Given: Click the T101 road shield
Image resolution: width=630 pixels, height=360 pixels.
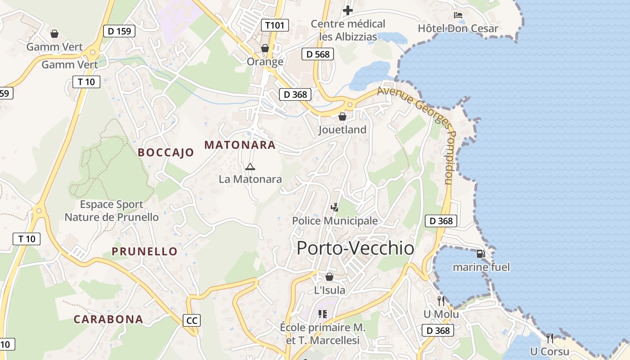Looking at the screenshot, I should click(x=275, y=25).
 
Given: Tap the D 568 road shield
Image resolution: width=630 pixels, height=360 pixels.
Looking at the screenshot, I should click(x=318, y=54).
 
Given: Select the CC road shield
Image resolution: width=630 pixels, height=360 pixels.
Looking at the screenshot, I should click(x=192, y=320).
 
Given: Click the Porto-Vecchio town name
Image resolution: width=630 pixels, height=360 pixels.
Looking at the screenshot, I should click(x=355, y=248).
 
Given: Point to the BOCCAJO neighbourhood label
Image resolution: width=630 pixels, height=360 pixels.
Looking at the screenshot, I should click(x=166, y=153).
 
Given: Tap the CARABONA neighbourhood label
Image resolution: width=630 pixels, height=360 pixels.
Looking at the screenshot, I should click(x=108, y=319).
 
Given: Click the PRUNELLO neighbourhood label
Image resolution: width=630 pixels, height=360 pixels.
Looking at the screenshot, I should click(x=144, y=252).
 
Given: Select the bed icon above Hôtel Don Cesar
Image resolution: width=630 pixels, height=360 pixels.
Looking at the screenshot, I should click(x=458, y=15).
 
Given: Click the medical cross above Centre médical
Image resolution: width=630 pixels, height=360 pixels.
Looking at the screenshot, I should click(x=348, y=10).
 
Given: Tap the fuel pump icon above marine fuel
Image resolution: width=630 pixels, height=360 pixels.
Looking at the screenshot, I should click(x=481, y=254).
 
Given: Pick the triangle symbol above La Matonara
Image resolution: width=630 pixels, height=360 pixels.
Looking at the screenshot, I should click(x=250, y=167).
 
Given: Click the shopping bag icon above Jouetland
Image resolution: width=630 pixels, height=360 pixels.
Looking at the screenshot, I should click(x=342, y=117).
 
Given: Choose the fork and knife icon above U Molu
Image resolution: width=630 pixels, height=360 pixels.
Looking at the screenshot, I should click(x=441, y=301).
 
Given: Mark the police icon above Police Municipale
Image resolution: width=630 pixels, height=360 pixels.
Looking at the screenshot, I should click(x=334, y=207).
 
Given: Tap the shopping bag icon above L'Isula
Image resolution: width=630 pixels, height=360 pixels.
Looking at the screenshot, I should click(x=329, y=277).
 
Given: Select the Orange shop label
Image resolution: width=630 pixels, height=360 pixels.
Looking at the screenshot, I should click(x=265, y=61).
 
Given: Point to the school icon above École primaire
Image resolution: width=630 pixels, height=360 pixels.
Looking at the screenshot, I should click(x=322, y=314).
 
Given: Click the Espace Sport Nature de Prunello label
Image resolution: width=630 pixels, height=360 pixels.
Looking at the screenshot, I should click(x=112, y=211).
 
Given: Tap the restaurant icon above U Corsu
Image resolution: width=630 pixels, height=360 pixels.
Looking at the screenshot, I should click(x=549, y=338).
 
